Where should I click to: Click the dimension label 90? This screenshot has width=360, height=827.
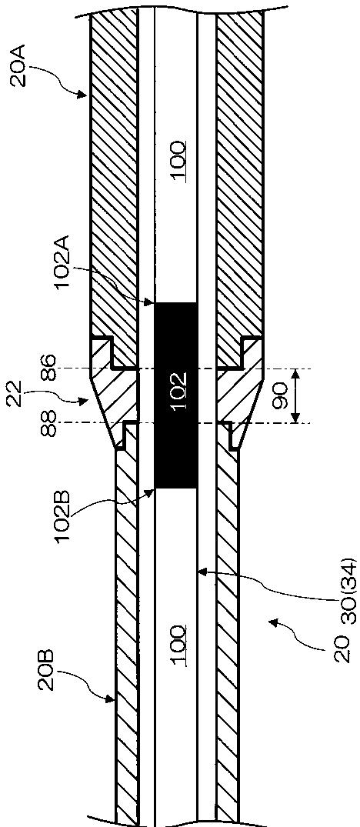pyautogui.click(x=278, y=395)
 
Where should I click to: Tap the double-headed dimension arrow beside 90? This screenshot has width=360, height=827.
pyautogui.click(x=295, y=395)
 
